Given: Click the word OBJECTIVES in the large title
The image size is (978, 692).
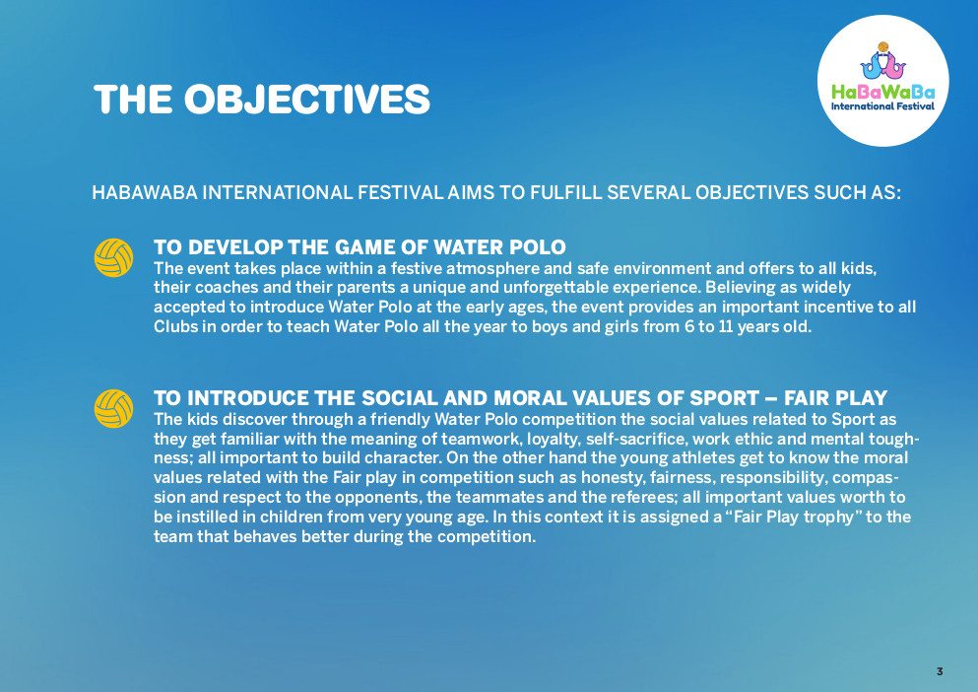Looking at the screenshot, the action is [307, 100].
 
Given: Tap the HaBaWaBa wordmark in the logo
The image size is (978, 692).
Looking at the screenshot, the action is [883, 93].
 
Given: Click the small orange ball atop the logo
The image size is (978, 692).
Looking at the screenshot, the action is [882, 47].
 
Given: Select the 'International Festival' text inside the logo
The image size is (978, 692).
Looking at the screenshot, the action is [882, 106].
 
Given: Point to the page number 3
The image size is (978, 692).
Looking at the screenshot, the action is [940, 671].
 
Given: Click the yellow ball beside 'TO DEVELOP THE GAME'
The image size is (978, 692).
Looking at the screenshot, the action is [113, 257].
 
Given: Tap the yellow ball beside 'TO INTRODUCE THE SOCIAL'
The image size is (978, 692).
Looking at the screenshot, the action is [113, 408].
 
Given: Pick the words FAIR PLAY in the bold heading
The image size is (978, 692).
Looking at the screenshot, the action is [836, 398].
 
